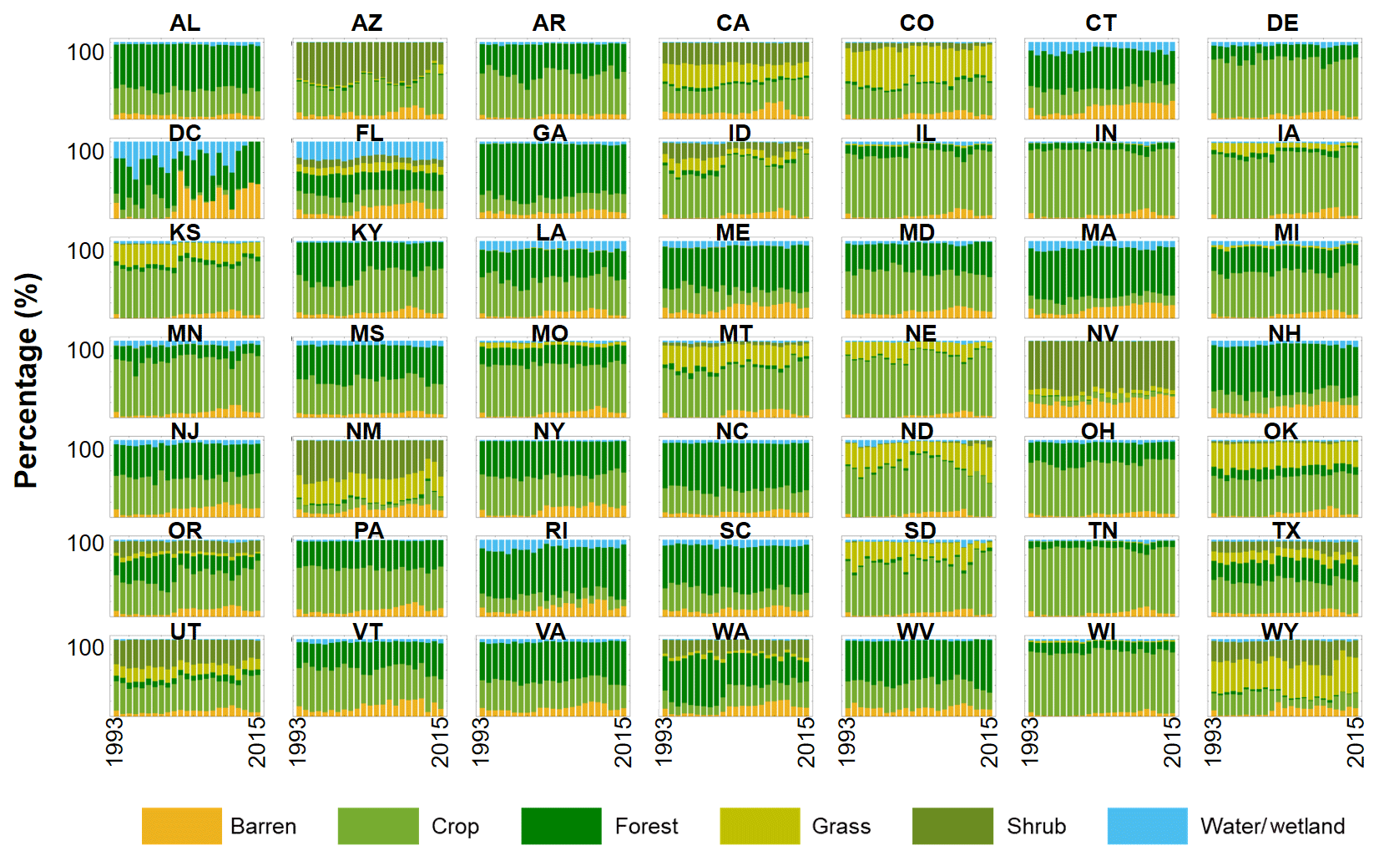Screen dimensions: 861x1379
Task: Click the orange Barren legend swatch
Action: (x=181, y=826)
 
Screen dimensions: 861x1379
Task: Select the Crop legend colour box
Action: (x=377, y=826)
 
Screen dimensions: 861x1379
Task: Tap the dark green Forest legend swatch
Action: (x=561, y=826)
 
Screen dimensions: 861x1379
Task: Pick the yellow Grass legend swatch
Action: (x=760, y=826)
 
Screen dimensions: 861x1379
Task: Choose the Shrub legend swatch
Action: (x=952, y=826)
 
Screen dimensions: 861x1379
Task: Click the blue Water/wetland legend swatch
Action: (x=1147, y=826)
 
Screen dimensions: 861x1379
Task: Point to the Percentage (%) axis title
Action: (x=27, y=380)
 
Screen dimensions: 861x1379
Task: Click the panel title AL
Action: (x=184, y=23)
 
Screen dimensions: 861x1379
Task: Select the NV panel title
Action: (x=1102, y=334)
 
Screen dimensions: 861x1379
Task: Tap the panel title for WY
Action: (x=1280, y=631)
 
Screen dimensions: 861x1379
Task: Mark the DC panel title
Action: (x=184, y=134)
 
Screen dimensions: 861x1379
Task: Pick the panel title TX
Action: (x=1286, y=531)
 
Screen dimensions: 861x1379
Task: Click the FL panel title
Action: (x=369, y=134)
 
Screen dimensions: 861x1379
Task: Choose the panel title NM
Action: (x=364, y=432)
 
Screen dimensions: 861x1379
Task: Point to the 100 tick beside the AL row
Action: (x=85, y=53)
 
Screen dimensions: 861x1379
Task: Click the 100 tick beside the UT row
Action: (x=85, y=648)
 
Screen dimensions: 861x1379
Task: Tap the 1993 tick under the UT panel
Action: (x=114, y=741)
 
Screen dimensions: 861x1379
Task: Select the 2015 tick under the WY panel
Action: (x=1356, y=741)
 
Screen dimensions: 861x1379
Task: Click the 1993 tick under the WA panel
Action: (x=664, y=741)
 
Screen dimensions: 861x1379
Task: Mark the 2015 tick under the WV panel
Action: (x=989, y=741)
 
